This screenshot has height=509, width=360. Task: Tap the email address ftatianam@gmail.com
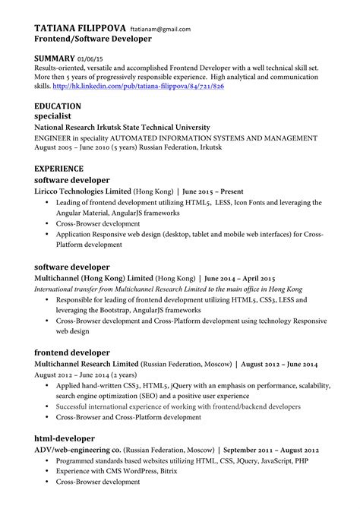pos(160,29)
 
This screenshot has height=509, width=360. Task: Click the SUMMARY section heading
pos(55,58)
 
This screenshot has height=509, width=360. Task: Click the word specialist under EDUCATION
pos(57,117)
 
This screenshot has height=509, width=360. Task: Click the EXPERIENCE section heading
pos(62,169)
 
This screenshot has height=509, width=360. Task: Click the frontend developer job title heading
pos(73,353)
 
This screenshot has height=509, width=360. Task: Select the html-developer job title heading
pos(65,438)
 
